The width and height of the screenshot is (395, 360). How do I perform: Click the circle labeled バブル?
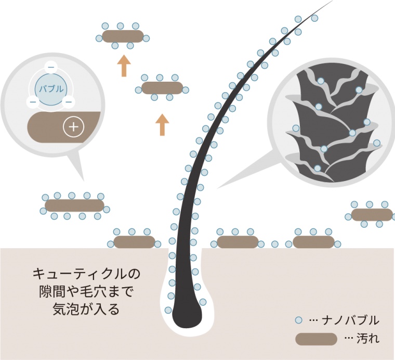point(51,89)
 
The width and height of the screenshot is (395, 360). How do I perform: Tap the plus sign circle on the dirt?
point(74,127)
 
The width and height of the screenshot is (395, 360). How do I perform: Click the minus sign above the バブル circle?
point(51,67)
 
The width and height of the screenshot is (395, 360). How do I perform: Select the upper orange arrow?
point(124,66)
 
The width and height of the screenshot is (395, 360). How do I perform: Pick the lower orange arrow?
point(163,125)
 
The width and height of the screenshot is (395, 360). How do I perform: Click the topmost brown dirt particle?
point(123,36)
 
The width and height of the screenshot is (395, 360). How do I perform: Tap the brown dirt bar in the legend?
point(316,339)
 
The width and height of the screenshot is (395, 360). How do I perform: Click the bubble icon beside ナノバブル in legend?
point(298,320)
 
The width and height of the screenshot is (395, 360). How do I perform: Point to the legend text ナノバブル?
point(350,320)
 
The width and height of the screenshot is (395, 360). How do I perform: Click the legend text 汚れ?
point(368,339)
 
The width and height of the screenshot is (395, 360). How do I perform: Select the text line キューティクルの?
point(86,274)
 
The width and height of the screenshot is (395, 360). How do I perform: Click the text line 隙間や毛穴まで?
point(86,292)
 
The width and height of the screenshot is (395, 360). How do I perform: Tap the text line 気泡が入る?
point(86,310)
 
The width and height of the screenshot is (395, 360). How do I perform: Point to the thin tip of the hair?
point(332,1)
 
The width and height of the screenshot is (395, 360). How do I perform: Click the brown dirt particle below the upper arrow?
point(162,88)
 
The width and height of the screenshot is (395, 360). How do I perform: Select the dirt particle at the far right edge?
point(372,215)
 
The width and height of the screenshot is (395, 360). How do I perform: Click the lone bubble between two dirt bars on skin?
point(275,244)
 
